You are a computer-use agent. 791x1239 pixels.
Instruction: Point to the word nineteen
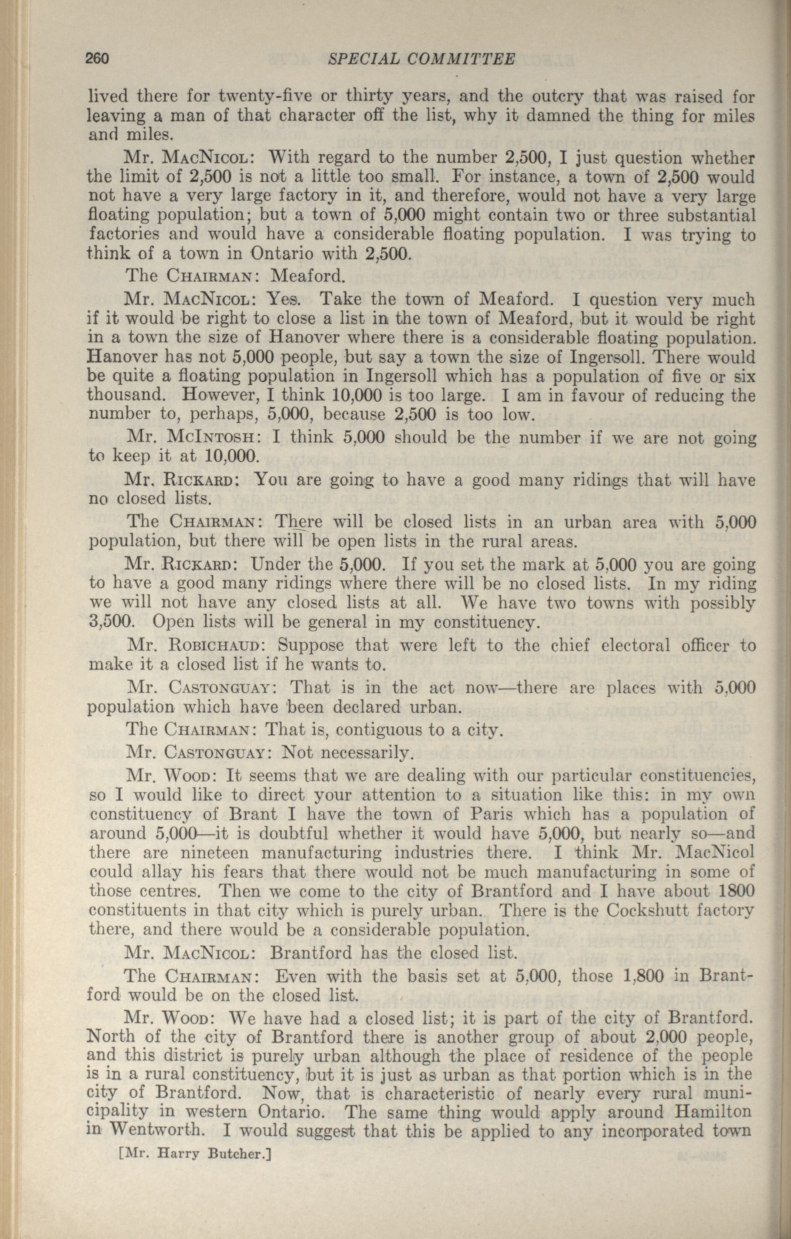click(x=215, y=853)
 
